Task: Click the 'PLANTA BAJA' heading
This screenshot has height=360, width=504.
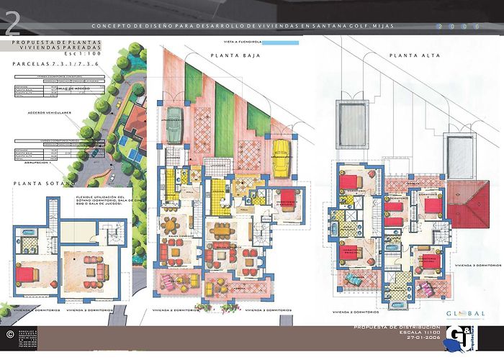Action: (x=229, y=55)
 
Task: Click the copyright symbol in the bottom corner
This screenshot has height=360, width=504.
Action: (x=9, y=335)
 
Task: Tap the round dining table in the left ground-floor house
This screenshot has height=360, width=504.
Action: (x=173, y=222)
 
